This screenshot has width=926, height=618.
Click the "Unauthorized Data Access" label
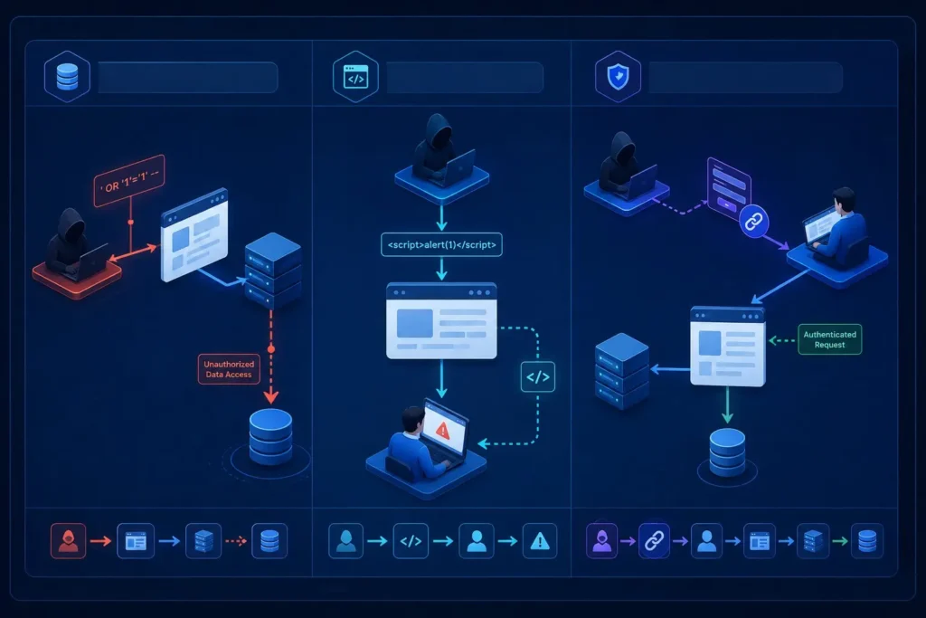tap(229, 369)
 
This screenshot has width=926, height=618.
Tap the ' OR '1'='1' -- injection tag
tap(128, 181)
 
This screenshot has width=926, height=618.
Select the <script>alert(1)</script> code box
tap(441, 244)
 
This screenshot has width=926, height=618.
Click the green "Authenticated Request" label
tap(830, 339)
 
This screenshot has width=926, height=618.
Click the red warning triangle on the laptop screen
tap(443, 430)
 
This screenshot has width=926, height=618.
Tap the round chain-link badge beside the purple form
tap(753, 222)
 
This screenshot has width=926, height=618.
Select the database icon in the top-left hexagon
tap(67, 77)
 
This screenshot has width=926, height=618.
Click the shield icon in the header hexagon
tap(619, 77)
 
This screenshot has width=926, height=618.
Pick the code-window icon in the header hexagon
tap(356, 77)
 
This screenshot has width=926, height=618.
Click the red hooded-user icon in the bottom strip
tap(69, 540)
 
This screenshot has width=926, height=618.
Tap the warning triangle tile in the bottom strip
tap(540, 540)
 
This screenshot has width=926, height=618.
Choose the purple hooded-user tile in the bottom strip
tap(601, 540)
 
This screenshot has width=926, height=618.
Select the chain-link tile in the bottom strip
tap(655, 540)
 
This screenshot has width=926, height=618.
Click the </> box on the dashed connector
tap(538, 377)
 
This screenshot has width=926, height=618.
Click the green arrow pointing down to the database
tap(728, 405)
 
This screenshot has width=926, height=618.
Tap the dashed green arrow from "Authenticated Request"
tap(782, 340)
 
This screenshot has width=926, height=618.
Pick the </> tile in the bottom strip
tap(411, 540)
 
